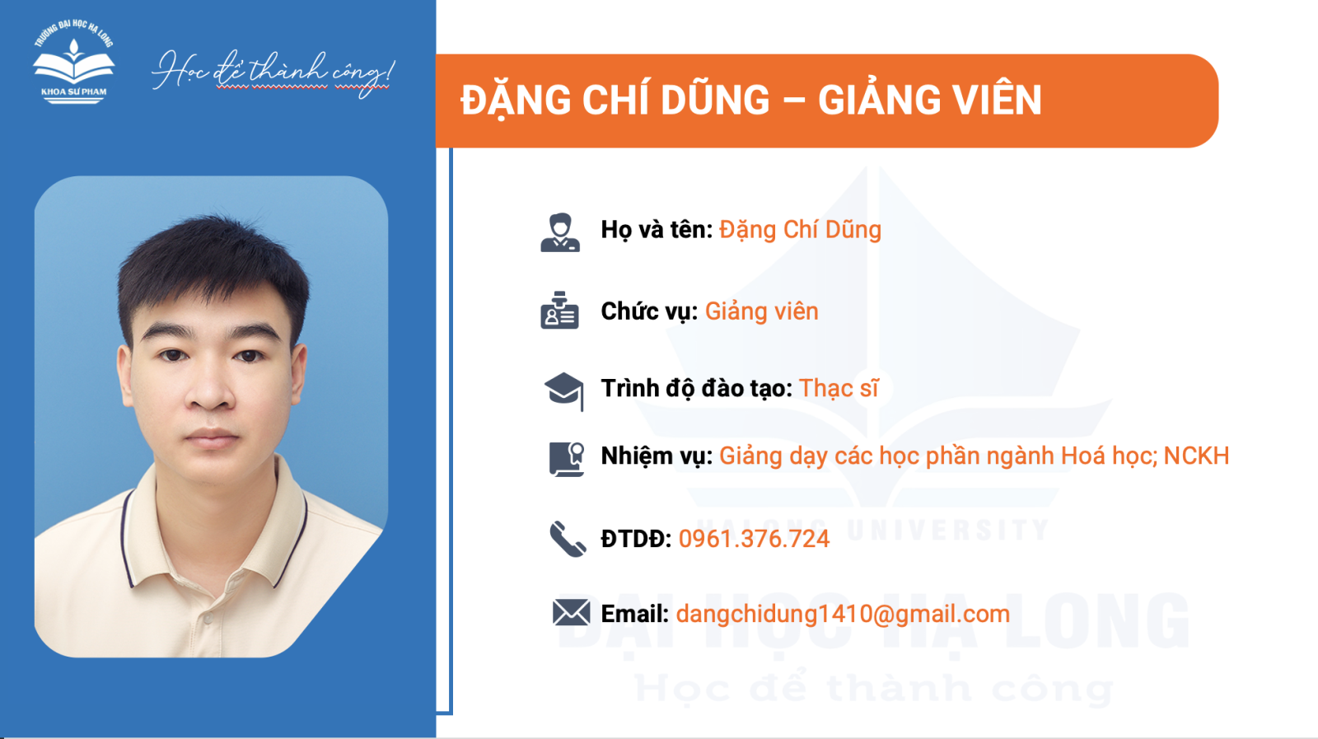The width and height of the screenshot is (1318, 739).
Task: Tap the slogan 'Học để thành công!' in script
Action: coord(273,73)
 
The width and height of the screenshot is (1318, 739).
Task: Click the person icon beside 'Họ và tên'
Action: coord(560,232)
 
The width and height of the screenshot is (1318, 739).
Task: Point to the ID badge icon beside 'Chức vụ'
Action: coord(559,310)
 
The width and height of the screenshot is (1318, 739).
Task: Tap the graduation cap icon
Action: coord(563,391)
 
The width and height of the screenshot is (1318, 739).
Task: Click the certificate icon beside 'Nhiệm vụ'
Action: coord(566,459)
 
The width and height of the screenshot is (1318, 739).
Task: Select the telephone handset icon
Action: coord(568,539)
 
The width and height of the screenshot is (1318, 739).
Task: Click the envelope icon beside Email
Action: coord(572,612)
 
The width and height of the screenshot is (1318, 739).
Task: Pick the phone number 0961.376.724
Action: coord(754,539)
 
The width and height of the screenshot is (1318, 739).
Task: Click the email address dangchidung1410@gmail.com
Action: coord(843,615)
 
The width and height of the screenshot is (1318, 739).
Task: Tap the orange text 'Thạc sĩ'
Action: coord(839,388)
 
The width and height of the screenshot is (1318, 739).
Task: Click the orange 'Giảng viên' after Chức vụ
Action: coord(761,312)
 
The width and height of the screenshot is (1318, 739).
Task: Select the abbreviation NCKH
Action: coord(1196,456)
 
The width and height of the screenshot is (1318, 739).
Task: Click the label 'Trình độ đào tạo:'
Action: coord(697,389)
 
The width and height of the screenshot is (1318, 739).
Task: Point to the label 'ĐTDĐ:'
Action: coord(636,539)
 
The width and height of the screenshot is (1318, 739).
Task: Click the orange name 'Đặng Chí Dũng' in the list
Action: coord(800,230)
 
